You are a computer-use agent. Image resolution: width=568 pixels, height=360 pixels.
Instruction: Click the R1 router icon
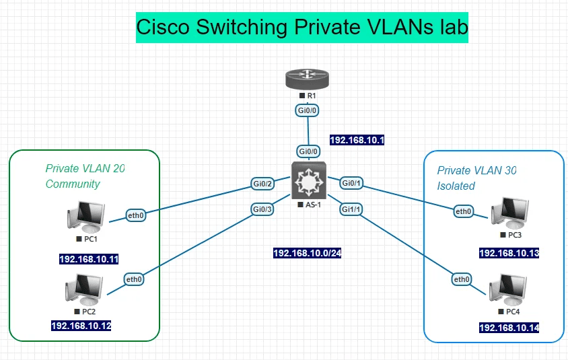pyautogui.click(x=308, y=80)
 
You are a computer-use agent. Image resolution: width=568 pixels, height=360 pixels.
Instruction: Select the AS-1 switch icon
pyautogui.click(x=308, y=180)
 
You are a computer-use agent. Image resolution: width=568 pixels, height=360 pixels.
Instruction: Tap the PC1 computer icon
pyautogui.click(x=87, y=217)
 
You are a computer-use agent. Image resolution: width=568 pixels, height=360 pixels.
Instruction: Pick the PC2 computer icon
pyautogui.click(x=85, y=291)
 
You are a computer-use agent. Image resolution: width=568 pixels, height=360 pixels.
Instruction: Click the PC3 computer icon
pyautogui.click(x=510, y=213)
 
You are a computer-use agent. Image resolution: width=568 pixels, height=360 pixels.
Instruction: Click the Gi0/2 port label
pyautogui.click(x=262, y=184)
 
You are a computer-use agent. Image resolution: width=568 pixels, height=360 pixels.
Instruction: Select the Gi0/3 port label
pyautogui.click(x=262, y=209)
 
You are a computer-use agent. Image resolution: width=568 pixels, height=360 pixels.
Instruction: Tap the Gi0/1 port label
pyautogui.click(x=352, y=183)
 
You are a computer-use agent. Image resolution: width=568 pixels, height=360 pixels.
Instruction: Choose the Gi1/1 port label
pyautogui.click(x=352, y=209)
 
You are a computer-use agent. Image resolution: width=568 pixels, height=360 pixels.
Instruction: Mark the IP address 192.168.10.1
pyautogui.click(x=357, y=140)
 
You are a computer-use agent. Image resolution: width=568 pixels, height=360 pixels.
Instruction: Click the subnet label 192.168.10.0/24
pyautogui.click(x=308, y=254)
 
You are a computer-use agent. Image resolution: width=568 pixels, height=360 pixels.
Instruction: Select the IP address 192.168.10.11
pyautogui.click(x=89, y=259)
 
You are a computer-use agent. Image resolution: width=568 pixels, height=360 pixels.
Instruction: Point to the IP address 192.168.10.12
pyautogui.click(x=81, y=326)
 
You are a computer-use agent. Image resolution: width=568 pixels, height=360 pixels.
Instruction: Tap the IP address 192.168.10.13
pyautogui.click(x=509, y=254)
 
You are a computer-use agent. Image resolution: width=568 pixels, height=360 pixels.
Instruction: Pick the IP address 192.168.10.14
pyautogui.click(x=509, y=328)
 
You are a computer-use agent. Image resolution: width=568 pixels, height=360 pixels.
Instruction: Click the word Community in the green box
pyautogui.click(x=73, y=184)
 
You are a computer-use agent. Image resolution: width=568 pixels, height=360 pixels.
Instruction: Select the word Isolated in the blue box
pyautogui.click(x=456, y=186)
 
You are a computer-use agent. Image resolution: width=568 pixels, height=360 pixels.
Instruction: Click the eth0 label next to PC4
pyautogui.click(x=461, y=279)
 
